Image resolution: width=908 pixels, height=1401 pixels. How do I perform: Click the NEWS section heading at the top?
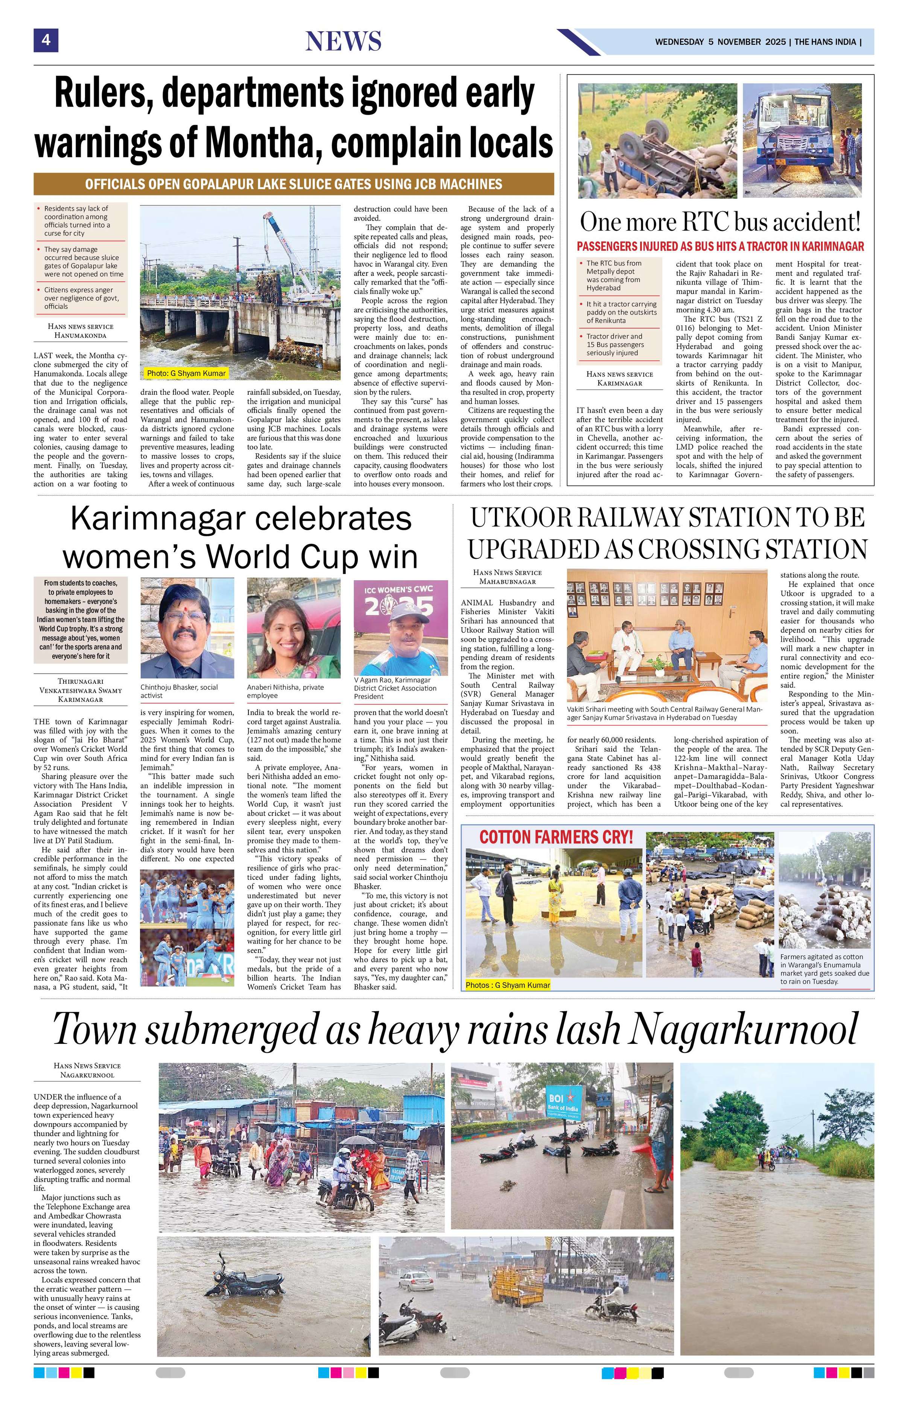(x=343, y=41)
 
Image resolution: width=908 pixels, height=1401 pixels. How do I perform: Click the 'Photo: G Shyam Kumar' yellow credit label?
(x=186, y=373)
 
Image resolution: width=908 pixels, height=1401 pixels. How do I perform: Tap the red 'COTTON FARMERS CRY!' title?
(x=555, y=837)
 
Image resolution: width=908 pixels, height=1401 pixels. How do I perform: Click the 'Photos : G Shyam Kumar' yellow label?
(x=507, y=985)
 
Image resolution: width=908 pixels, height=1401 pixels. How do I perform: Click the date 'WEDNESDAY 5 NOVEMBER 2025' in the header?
(x=720, y=42)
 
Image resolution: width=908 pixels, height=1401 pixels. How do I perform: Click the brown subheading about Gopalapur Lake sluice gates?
(x=293, y=184)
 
